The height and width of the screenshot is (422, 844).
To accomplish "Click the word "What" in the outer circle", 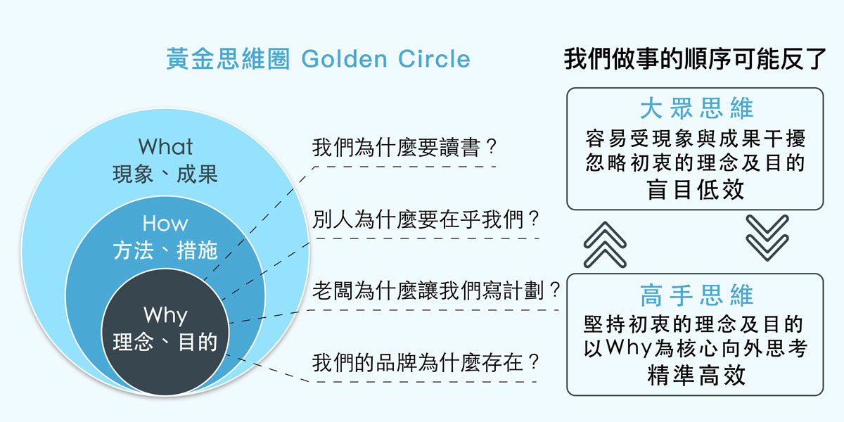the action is click(x=165, y=146).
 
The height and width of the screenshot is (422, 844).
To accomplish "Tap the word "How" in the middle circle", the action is click(x=165, y=224).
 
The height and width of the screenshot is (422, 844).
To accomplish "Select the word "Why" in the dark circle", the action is click(x=165, y=315).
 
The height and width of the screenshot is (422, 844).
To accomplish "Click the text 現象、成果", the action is click(x=165, y=174).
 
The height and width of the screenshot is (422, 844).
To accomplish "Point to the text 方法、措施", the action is click(x=165, y=250).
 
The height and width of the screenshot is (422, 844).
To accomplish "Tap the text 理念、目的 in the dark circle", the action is click(x=165, y=342).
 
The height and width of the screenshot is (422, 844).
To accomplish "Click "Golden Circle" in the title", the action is click(x=386, y=59).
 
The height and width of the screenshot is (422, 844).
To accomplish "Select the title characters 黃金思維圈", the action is click(x=228, y=59).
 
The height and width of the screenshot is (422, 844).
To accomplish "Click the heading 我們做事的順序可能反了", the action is click(x=695, y=59).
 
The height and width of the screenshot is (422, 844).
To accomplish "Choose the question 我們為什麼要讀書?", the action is click(x=404, y=147).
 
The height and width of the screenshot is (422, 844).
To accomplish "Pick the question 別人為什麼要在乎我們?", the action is click(x=426, y=219).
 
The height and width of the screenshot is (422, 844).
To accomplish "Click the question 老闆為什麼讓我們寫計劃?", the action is click(x=436, y=291).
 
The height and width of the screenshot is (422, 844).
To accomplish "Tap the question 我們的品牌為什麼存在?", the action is click(x=426, y=363).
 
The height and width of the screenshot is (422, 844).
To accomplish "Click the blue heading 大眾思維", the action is click(x=696, y=108).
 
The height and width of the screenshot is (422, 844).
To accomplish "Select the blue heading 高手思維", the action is click(x=696, y=295).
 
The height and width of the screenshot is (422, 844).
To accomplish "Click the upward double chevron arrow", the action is click(x=605, y=245).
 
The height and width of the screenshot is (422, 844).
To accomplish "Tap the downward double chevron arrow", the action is click(x=767, y=238).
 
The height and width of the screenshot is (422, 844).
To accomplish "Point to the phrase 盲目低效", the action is click(x=696, y=189).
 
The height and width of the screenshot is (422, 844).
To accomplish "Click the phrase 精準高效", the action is click(x=696, y=376).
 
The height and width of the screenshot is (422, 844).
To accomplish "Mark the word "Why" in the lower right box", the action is click(x=629, y=347).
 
